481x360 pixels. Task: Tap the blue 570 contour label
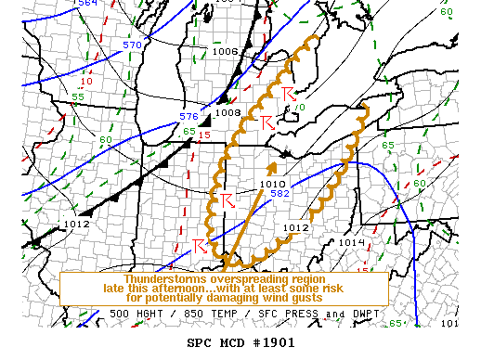click(133, 45)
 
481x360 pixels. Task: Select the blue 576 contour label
click(188, 117)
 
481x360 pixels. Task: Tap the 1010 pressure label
click(272, 183)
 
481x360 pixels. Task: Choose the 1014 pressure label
click(352, 242)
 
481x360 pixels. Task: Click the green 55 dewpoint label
click(78, 97)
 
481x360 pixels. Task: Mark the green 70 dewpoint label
click(298, 108)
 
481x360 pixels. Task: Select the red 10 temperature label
click(86, 82)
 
